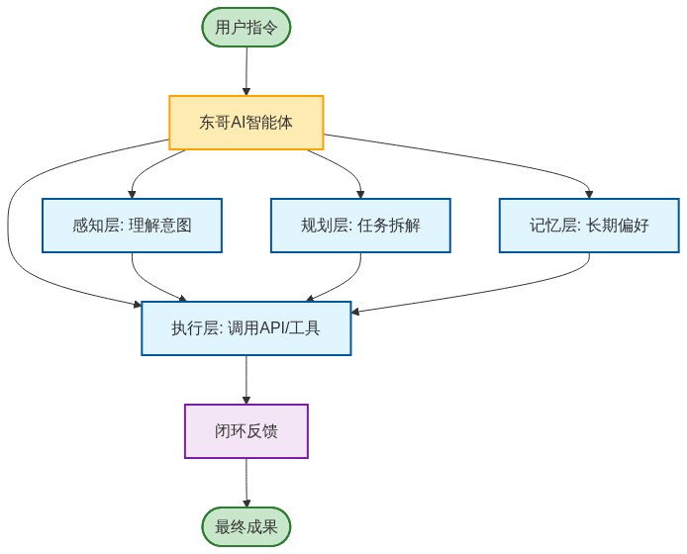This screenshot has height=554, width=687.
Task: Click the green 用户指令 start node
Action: point(246,27)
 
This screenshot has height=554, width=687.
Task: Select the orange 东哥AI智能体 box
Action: point(246,123)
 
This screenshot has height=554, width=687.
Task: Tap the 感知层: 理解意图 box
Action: point(132,226)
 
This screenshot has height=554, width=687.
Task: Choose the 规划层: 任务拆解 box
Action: point(360,226)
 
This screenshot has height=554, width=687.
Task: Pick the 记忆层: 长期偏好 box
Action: point(589,226)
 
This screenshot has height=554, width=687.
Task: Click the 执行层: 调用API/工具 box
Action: point(246,328)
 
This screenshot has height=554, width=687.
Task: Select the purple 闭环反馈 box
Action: point(246,431)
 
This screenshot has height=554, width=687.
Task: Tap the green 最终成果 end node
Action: point(246,526)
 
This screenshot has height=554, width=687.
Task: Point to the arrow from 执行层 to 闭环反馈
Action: point(246,378)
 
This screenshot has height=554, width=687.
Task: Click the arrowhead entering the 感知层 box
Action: point(132,194)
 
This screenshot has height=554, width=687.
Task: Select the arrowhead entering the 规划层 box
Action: point(360,194)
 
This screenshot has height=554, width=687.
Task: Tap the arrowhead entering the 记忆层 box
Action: point(589,194)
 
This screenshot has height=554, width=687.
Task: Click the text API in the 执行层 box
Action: point(272,328)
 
